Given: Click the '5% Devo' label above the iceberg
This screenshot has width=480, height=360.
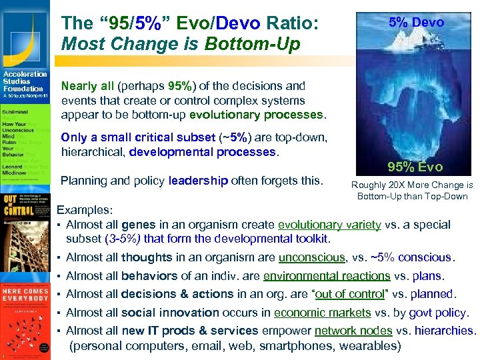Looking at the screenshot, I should pyautogui.click(x=416, y=23).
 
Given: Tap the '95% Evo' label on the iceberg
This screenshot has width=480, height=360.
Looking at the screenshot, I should pyautogui.click(x=415, y=167).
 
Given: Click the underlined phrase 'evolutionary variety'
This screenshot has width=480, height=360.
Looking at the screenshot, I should pyautogui.click(x=329, y=225).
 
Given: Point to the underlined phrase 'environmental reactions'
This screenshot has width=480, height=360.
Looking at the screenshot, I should pyautogui.click(x=326, y=275).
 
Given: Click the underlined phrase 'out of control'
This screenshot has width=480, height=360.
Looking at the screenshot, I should pyautogui.click(x=349, y=294).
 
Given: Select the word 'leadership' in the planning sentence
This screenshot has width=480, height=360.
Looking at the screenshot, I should pyautogui.click(x=198, y=180).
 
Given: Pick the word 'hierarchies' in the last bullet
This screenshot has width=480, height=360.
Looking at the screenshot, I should pyautogui.click(x=444, y=330).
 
